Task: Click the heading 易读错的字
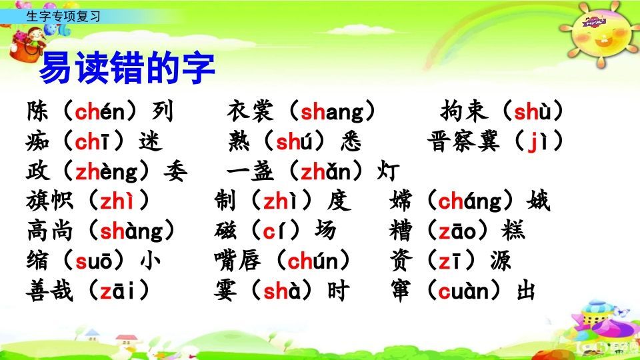tap(127, 68)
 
